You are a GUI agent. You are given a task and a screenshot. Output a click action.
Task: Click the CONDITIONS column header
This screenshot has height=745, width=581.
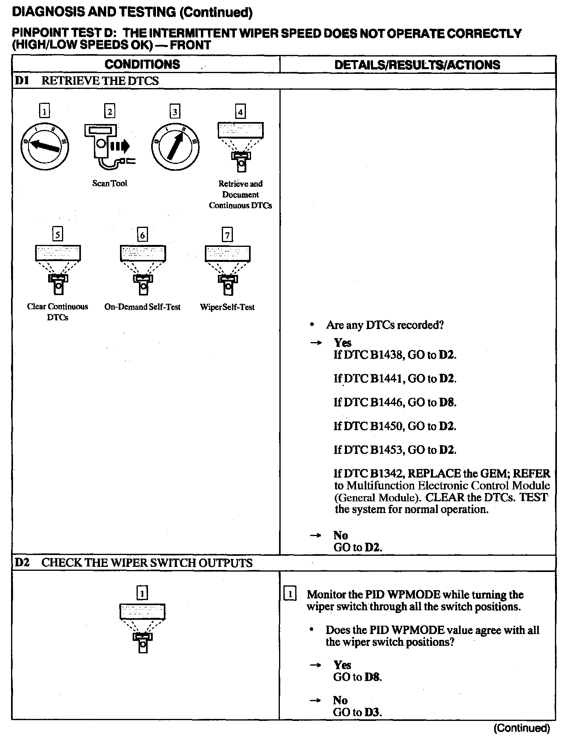142,64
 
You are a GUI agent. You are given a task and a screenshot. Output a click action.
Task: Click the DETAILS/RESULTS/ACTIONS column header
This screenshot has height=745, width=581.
417,65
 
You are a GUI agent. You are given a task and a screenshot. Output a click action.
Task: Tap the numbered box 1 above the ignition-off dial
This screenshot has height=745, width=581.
45,111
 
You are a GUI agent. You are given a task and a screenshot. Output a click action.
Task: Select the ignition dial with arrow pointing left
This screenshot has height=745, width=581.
45,147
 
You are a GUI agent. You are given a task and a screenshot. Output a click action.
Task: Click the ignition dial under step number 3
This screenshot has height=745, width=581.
175,147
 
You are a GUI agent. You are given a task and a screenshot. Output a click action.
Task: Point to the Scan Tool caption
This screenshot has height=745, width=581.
110,183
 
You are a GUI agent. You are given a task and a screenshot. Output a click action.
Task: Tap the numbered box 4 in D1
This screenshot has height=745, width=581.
240,111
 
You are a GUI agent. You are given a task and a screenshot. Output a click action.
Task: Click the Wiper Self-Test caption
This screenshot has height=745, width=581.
227,307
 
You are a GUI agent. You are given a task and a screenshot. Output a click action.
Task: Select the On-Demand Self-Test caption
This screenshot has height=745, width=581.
142,307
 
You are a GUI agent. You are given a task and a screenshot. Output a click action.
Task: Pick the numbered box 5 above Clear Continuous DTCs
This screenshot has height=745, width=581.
58,235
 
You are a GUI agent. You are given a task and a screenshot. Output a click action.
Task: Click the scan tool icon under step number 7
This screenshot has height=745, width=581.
227,270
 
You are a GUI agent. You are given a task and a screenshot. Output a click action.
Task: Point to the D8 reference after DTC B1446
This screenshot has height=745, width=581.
447,403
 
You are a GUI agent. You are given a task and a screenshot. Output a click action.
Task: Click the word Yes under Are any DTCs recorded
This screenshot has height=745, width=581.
343,342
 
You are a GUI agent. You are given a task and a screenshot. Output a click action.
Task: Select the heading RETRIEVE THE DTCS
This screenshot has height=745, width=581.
100,81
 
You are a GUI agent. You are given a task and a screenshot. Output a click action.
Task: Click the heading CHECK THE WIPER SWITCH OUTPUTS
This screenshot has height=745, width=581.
147,563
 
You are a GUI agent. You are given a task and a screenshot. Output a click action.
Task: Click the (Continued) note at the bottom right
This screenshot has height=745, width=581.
521,728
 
